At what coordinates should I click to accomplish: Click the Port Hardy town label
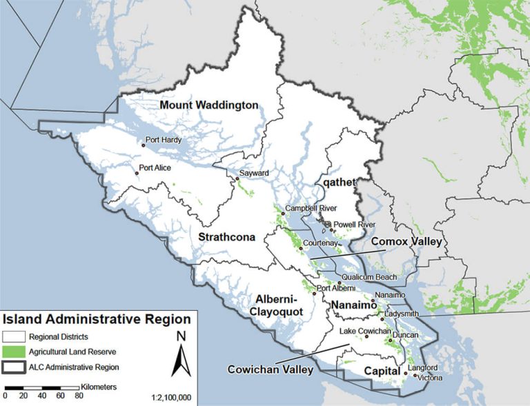(x=164, y=140)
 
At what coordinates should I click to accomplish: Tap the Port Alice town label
(x=157, y=168)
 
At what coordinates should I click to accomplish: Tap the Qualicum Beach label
(x=370, y=277)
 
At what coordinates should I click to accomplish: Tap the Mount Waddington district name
(x=209, y=105)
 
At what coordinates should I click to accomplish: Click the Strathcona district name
(x=227, y=237)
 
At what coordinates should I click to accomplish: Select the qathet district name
(x=338, y=182)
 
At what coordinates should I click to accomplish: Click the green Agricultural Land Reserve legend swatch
(x=14, y=351)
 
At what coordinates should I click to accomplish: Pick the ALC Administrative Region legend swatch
(x=14, y=367)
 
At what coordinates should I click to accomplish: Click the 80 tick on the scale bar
(x=79, y=396)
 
